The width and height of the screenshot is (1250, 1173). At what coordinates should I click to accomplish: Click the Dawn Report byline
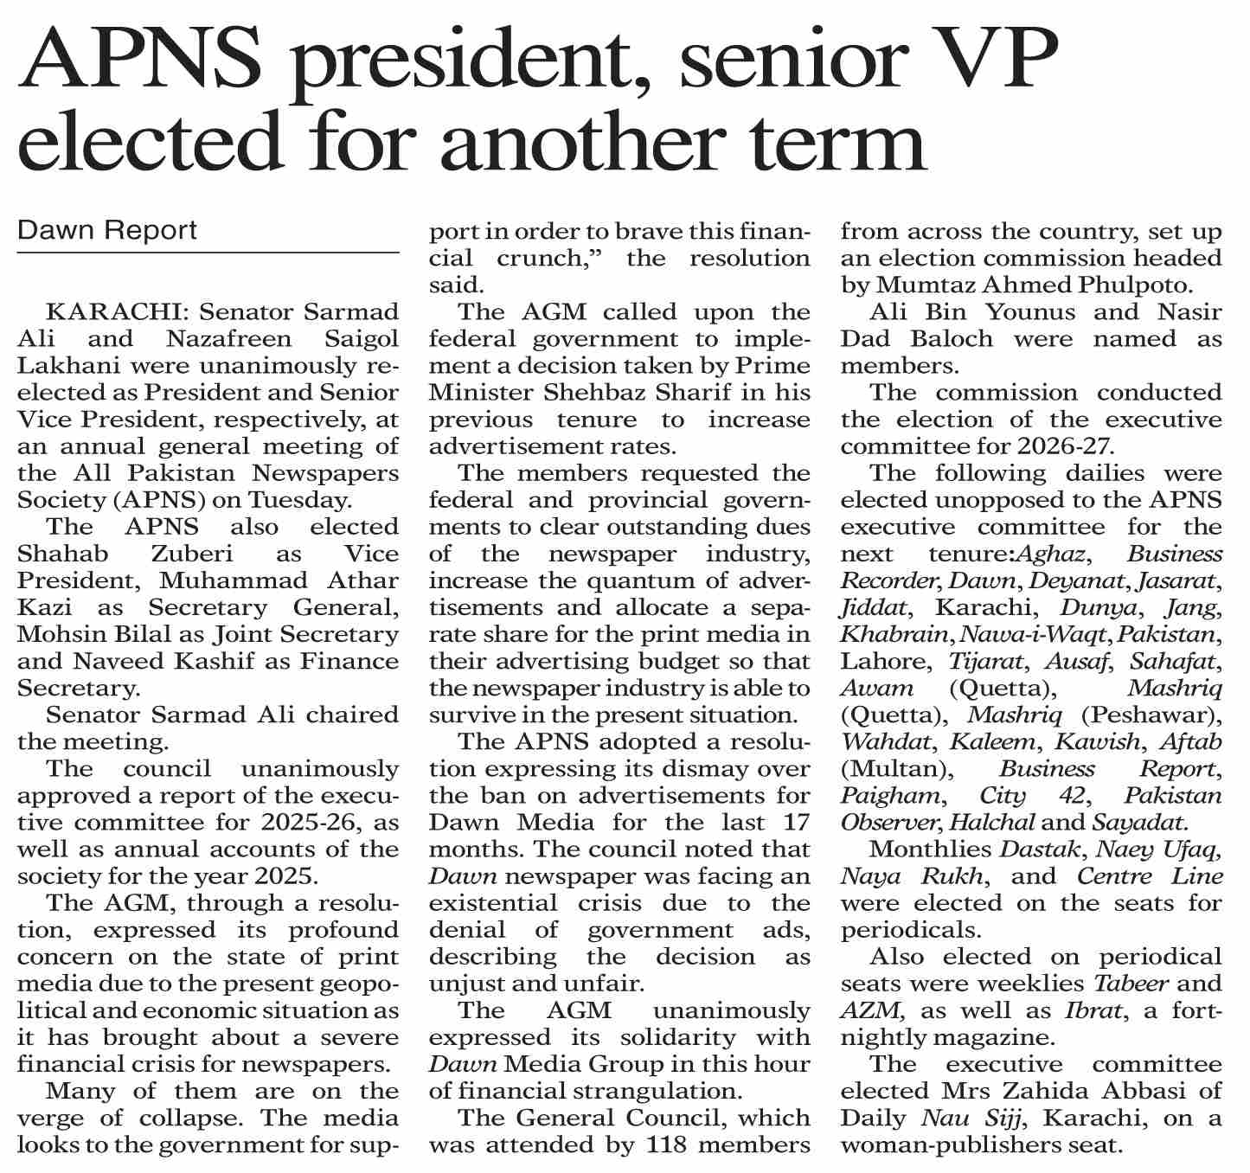click(107, 230)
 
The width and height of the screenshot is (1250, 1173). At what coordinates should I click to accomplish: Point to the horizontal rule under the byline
click(208, 253)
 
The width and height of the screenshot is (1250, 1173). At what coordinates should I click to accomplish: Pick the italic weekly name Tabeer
click(1131, 984)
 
